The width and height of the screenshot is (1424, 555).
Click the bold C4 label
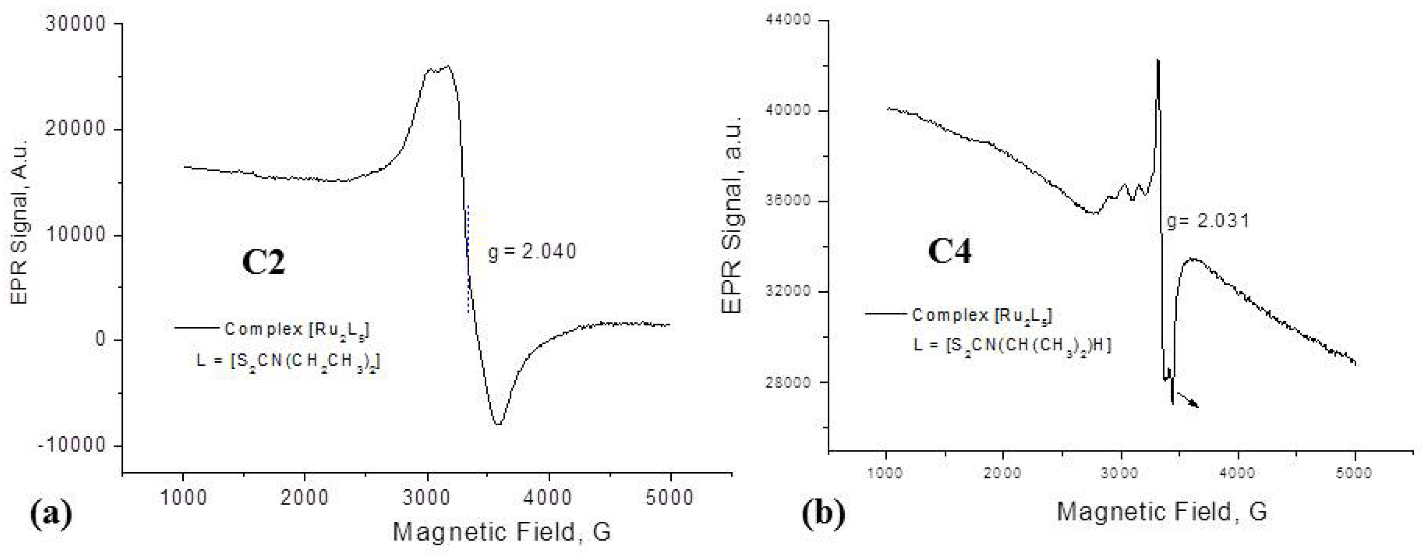pyautogui.click(x=949, y=252)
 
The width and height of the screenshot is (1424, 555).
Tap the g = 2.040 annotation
pyautogui.click(x=532, y=252)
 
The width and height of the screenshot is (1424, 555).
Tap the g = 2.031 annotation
pyautogui.click(x=1208, y=221)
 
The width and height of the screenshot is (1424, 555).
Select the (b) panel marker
pyautogui.click(x=823, y=513)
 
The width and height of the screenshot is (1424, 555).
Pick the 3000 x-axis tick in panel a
pyautogui.click(x=427, y=497)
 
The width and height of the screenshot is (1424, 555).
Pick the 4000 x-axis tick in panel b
pyautogui.click(x=1238, y=473)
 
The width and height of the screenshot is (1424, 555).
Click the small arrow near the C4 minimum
pyautogui.click(x=1187, y=400)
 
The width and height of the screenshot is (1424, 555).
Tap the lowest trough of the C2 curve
pyautogui.click(x=499, y=424)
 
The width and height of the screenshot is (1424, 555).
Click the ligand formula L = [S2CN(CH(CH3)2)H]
pyautogui.click(x=1011, y=346)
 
